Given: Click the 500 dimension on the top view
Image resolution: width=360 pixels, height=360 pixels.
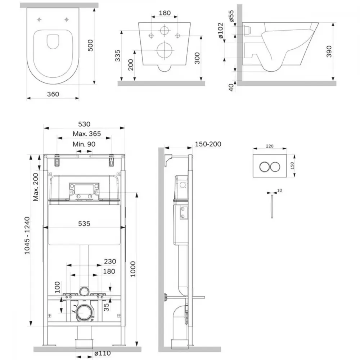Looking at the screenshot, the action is click(91, 45).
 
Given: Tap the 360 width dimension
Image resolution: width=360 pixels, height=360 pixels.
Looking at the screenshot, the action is click(53, 94).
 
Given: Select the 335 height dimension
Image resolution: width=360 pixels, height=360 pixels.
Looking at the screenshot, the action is click(118, 55).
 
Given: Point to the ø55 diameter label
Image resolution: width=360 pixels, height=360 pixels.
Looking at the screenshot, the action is click(231, 16).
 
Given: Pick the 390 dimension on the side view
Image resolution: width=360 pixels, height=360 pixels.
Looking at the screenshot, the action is click(329, 51).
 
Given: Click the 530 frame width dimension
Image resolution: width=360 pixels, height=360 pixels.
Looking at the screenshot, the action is click(84, 124).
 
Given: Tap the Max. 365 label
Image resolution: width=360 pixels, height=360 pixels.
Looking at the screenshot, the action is click(87, 134).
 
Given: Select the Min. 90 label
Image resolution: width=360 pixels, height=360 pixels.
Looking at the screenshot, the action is click(84, 144).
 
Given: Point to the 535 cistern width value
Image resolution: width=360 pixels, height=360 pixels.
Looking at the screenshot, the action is click(84, 224).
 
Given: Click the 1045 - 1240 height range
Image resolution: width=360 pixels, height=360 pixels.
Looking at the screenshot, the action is click(27, 235).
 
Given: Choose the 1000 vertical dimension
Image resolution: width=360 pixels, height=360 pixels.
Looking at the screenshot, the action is click(133, 269).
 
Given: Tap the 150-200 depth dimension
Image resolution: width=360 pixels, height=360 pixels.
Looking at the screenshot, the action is click(208, 144).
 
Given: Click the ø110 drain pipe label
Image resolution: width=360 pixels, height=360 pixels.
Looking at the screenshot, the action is click(102, 353).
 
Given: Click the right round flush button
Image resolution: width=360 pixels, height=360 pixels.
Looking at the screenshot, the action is click(275, 167).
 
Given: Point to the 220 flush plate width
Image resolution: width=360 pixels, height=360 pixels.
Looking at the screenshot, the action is click(270, 146).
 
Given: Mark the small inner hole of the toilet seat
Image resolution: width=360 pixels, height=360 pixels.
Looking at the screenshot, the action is click(53, 41).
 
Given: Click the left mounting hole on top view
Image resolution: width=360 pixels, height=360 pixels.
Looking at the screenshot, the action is click(39, 20).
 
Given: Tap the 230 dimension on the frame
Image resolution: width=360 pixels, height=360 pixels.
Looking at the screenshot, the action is click(110, 261).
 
